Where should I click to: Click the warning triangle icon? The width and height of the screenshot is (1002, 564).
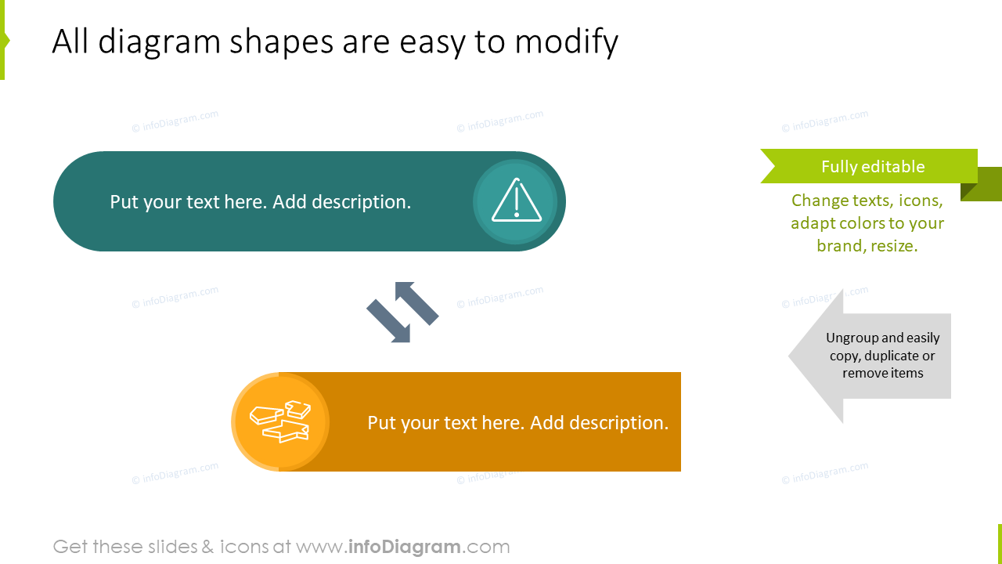[x=517, y=200]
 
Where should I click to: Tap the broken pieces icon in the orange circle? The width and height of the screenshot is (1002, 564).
[x=280, y=421]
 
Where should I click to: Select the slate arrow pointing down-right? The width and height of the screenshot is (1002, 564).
[x=388, y=321]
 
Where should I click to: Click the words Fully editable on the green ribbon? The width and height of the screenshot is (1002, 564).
[x=873, y=167]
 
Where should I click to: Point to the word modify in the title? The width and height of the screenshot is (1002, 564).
[x=566, y=42]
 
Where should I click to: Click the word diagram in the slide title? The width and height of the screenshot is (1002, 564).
[x=159, y=42]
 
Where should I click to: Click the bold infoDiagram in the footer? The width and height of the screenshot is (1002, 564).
[x=405, y=547]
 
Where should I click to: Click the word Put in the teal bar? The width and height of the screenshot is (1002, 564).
[x=124, y=202]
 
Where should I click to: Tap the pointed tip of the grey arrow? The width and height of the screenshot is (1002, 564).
[x=788, y=356]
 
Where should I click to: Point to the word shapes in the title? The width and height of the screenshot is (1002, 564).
[x=281, y=42]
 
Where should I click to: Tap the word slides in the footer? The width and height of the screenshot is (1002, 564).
[x=171, y=547]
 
